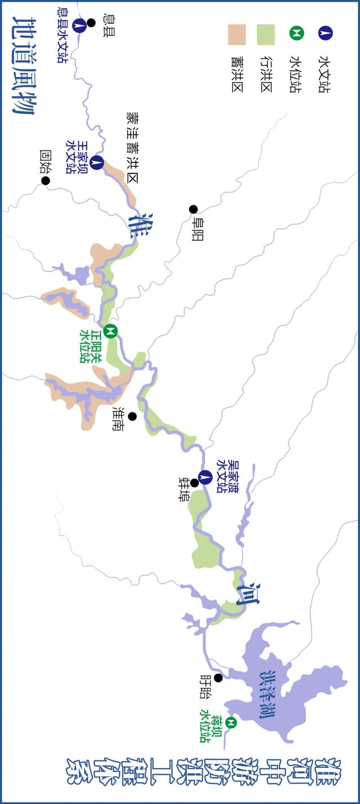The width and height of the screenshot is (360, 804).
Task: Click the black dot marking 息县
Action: point(91,23)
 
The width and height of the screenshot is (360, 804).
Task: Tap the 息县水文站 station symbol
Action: point(79,24)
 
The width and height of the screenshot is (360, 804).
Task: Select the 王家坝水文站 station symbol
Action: point(97,163)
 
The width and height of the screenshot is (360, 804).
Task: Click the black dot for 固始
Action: point(46,181)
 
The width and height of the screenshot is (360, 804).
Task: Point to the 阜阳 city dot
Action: point(193,209)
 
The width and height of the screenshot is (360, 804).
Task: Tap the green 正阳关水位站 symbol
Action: point(111,330)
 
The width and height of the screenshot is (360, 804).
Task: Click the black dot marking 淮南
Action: point(132,416)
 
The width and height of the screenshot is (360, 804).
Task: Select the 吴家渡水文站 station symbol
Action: point(206,477)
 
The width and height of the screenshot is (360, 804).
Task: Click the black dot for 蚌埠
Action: point(195,483)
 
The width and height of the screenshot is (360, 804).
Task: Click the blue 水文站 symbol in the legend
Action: point(325,33)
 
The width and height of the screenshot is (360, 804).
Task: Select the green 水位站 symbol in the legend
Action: point(296,33)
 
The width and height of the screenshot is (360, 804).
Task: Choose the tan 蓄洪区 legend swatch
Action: point(236,34)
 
